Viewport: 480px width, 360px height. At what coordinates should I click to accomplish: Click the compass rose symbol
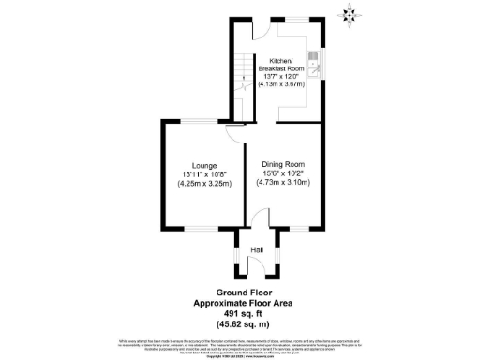point(351,13)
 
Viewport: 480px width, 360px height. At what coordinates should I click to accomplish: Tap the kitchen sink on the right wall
point(317,67)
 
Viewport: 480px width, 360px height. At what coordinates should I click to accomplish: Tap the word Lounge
point(204,163)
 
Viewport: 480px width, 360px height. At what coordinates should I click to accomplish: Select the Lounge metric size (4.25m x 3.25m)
point(204,184)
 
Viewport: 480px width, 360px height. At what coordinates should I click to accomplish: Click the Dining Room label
point(283,163)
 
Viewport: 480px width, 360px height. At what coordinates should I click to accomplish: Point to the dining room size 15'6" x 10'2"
point(283,173)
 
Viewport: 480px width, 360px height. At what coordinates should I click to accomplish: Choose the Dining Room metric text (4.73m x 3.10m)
point(283,184)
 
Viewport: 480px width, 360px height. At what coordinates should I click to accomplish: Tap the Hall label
point(256,249)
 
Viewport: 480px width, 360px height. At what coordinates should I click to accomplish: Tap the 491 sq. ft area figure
point(240,314)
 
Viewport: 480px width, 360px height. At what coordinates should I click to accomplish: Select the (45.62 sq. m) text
point(240,324)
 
